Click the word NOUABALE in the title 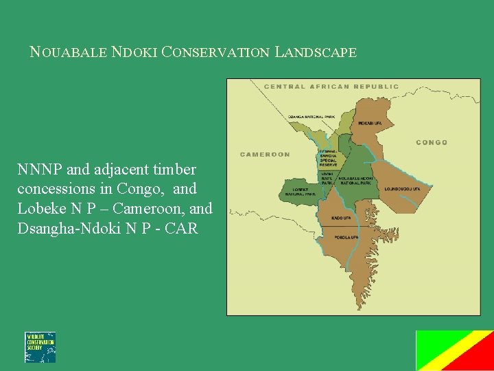69,52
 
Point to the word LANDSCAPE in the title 316,52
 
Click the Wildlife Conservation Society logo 40,347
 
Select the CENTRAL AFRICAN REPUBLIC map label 331,87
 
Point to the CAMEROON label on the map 265,155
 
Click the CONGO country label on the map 432,142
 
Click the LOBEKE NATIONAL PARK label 303,192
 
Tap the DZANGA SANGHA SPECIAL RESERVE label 328,158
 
